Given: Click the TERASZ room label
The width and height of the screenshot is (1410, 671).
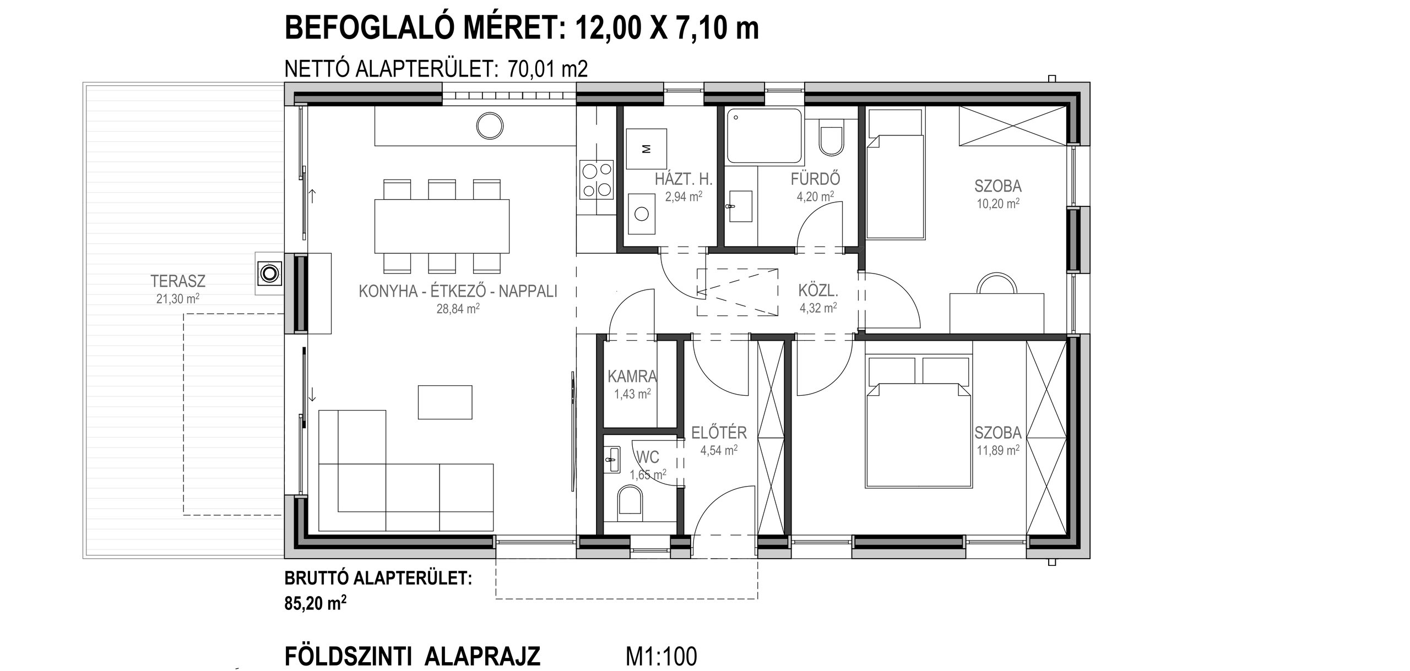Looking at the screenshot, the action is point(178,281).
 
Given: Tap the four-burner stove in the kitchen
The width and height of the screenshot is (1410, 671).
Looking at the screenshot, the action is point(596,179).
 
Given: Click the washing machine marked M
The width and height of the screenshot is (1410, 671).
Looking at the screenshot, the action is point(647,149).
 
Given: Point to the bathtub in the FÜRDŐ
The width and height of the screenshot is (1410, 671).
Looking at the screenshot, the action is point(764,135).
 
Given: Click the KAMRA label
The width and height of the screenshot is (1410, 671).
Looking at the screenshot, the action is point(632,377).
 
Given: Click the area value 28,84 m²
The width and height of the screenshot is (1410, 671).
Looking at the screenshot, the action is point(458,309).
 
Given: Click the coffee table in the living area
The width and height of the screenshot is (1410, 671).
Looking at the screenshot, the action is point(445,402).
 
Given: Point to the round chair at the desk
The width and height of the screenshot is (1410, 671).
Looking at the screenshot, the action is point(997,283).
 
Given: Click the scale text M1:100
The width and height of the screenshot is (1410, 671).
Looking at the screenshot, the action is point(661,641).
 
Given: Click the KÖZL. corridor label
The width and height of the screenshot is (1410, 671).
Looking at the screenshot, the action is point(818,290).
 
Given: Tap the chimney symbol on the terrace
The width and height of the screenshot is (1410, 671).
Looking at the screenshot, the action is point(269,272).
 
